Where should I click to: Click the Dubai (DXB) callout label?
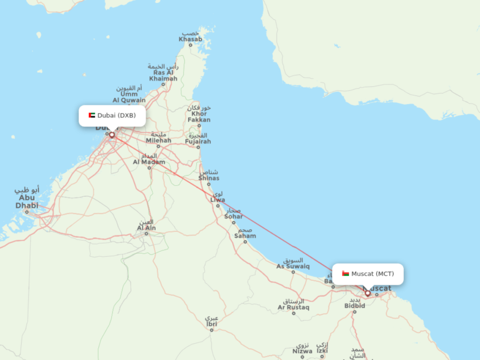112,115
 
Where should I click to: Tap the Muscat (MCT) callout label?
367,274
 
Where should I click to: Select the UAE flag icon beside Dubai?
92,115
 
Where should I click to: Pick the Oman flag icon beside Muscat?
345,274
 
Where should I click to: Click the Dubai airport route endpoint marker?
112,135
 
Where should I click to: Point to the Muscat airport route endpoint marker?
368,293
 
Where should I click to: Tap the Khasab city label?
190,39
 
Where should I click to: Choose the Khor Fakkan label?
199,117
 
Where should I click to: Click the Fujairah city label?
198,141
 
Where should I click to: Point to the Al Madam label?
149,162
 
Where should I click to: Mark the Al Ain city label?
146,228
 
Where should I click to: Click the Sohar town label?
233,216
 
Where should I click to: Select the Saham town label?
245,236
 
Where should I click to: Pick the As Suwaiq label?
293,266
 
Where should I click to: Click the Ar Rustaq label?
293,307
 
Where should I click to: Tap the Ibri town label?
211,323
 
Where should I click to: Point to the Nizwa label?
302,351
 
